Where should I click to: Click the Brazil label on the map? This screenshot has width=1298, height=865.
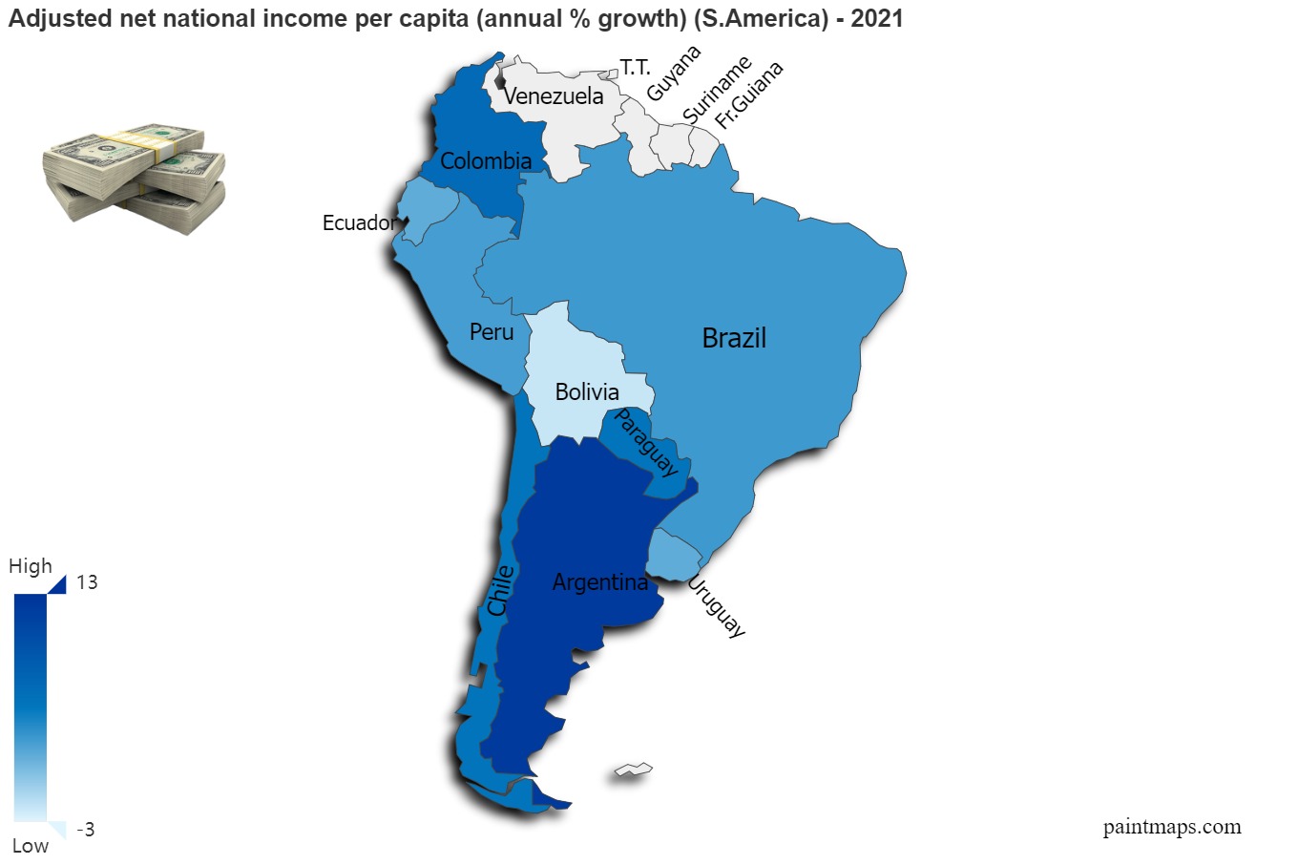[734, 338]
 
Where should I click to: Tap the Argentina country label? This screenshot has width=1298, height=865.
[599, 581]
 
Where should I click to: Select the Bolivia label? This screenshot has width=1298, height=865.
[587, 391]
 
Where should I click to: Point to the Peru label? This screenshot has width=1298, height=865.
[492, 332]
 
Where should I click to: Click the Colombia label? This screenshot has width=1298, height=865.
[486, 161]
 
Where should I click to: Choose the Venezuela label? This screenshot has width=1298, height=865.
[554, 96]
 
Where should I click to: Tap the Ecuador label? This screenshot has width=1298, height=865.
[359, 223]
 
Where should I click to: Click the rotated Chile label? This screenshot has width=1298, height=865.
[500, 590]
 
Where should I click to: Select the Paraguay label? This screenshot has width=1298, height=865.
[646, 442]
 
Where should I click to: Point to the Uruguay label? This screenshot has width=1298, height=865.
[717, 607]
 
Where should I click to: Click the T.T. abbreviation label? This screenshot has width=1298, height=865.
[635, 67]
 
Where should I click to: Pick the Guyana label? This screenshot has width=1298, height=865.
[674, 73]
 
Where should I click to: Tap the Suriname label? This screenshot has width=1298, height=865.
[717, 89]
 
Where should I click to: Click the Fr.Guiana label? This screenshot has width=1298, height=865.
[749, 95]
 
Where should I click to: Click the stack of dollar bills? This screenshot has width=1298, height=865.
[134, 177]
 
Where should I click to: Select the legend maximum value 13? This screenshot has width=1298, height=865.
[87, 582]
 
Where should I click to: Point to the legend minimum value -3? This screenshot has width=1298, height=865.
[86, 830]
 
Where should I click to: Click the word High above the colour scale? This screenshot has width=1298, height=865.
[31, 566]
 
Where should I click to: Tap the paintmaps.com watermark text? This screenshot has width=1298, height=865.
[1172, 827]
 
